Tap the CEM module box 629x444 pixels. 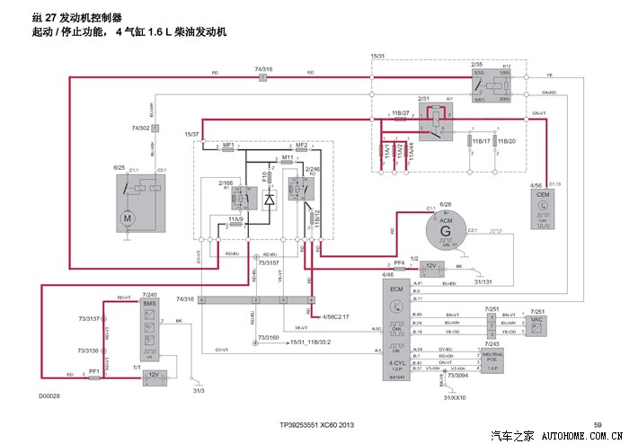(x=542, y=208)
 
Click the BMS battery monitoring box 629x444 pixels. (x=149, y=327)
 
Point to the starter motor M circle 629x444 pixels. (x=128, y=218)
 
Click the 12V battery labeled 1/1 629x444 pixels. (x=153, y=374)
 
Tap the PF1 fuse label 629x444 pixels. (x=93, y=369)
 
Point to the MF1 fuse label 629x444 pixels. (x=228, y=145)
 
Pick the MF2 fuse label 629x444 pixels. (x=302, y=145)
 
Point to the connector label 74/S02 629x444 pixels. (x=140, y=129)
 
